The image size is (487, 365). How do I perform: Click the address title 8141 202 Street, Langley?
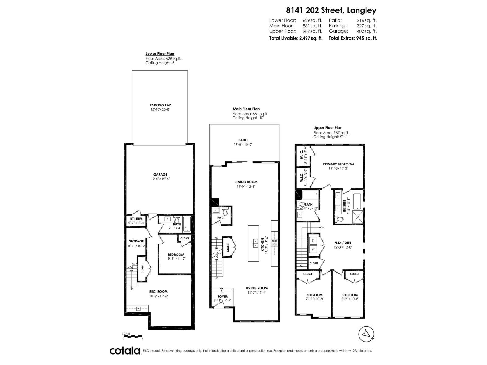tap(331, 10)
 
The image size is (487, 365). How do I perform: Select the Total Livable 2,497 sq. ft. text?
tap(296, 38)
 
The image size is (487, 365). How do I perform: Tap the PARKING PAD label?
tap(160, 105)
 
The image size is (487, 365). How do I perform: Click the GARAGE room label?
tap(160, 175)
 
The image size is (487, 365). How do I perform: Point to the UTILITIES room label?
tap(136, 219)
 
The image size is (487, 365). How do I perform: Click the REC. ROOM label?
tap(158, 292)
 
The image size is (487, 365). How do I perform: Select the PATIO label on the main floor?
tap(243, 140)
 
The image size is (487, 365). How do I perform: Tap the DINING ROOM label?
tap(246, 182)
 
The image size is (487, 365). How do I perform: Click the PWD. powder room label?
tap(221, 218)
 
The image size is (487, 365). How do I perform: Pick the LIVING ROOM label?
tap(257, 288)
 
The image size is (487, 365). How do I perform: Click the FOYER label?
tap(222, 297)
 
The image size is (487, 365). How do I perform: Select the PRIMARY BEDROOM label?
tap(338, 164)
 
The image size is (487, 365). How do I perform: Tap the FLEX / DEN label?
tap(342, 243)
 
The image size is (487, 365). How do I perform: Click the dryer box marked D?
tap(313, 240)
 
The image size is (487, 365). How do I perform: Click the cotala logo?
tap(125, 351)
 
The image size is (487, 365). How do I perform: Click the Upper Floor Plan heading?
tap(328, 128)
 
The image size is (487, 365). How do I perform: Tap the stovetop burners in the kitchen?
tap(274, 242)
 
